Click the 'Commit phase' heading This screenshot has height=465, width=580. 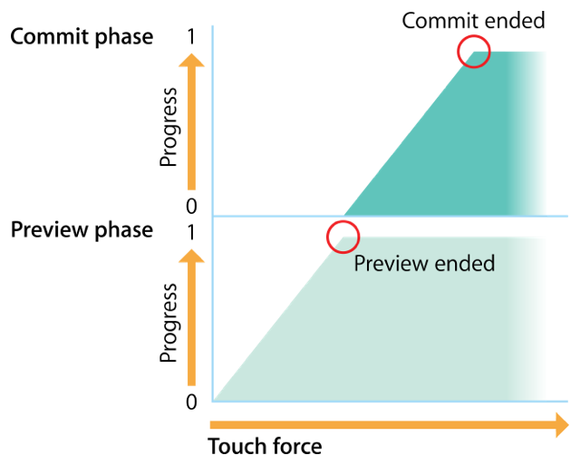coord(82,37)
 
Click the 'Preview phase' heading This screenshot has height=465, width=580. coord(82,230)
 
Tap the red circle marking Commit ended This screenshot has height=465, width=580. coord(473,51)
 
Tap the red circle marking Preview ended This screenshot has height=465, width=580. coord(343,237)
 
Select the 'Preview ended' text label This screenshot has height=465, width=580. coord(424,264)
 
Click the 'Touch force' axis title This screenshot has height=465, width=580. coord(265,447)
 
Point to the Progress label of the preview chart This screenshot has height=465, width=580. coord(168,323)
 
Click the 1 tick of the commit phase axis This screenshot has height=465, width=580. coord(190,37)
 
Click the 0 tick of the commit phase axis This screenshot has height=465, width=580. coord(190,206)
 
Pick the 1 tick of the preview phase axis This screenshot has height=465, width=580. coord(190,231)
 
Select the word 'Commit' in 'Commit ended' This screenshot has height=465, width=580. coord(432,20)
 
